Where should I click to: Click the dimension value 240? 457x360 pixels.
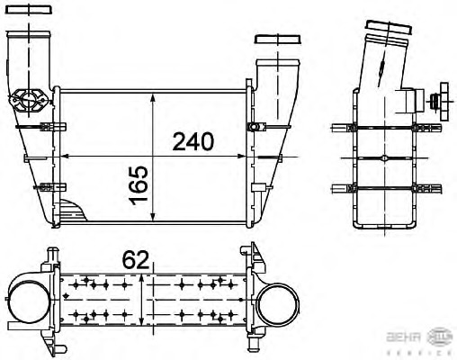tap(193, 141)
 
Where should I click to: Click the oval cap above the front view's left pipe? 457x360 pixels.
tap(37, 13)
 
